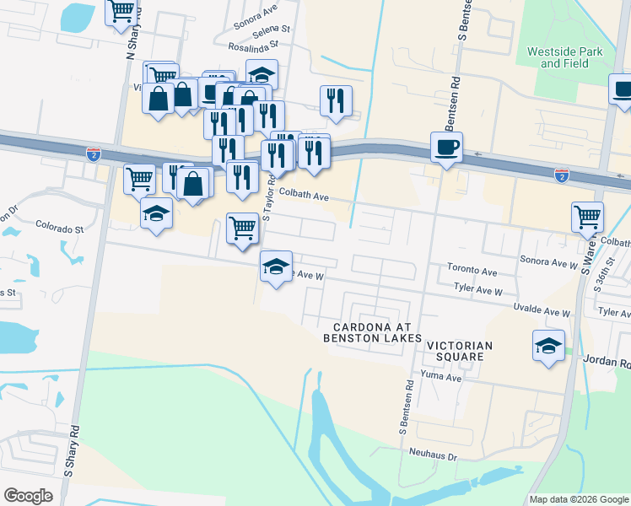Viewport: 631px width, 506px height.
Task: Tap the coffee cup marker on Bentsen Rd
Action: pyautogui.click(x=447, y=147)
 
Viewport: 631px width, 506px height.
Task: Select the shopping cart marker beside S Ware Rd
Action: pyautogui.click(x=587, y=216)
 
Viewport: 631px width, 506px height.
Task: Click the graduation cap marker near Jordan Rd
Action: pyautogui.click(x=548, y=346)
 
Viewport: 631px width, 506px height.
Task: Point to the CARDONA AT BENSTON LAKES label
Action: pyautogui.click(x=372, y=332)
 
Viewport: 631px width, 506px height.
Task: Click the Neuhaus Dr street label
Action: pyautogui.click(x=434, y=456)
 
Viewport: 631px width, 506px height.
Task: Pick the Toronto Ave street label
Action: pyautogui.click(x=472, y=272)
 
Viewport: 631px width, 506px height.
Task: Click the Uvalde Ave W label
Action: pyautogui.click(x=542, y=312)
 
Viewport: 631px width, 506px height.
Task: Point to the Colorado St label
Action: pyautogui.click(x=60, y=228)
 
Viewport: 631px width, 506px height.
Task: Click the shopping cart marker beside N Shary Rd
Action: pyautogui.click(x=121, y=10)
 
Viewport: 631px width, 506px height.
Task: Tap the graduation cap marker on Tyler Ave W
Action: pyautogui.click(x=276, y=266)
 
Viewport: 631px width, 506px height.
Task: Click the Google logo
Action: pyautogui.click(x=28, y=496)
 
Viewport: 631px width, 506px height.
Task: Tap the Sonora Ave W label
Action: pyautogui.click(x=548, y=264)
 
